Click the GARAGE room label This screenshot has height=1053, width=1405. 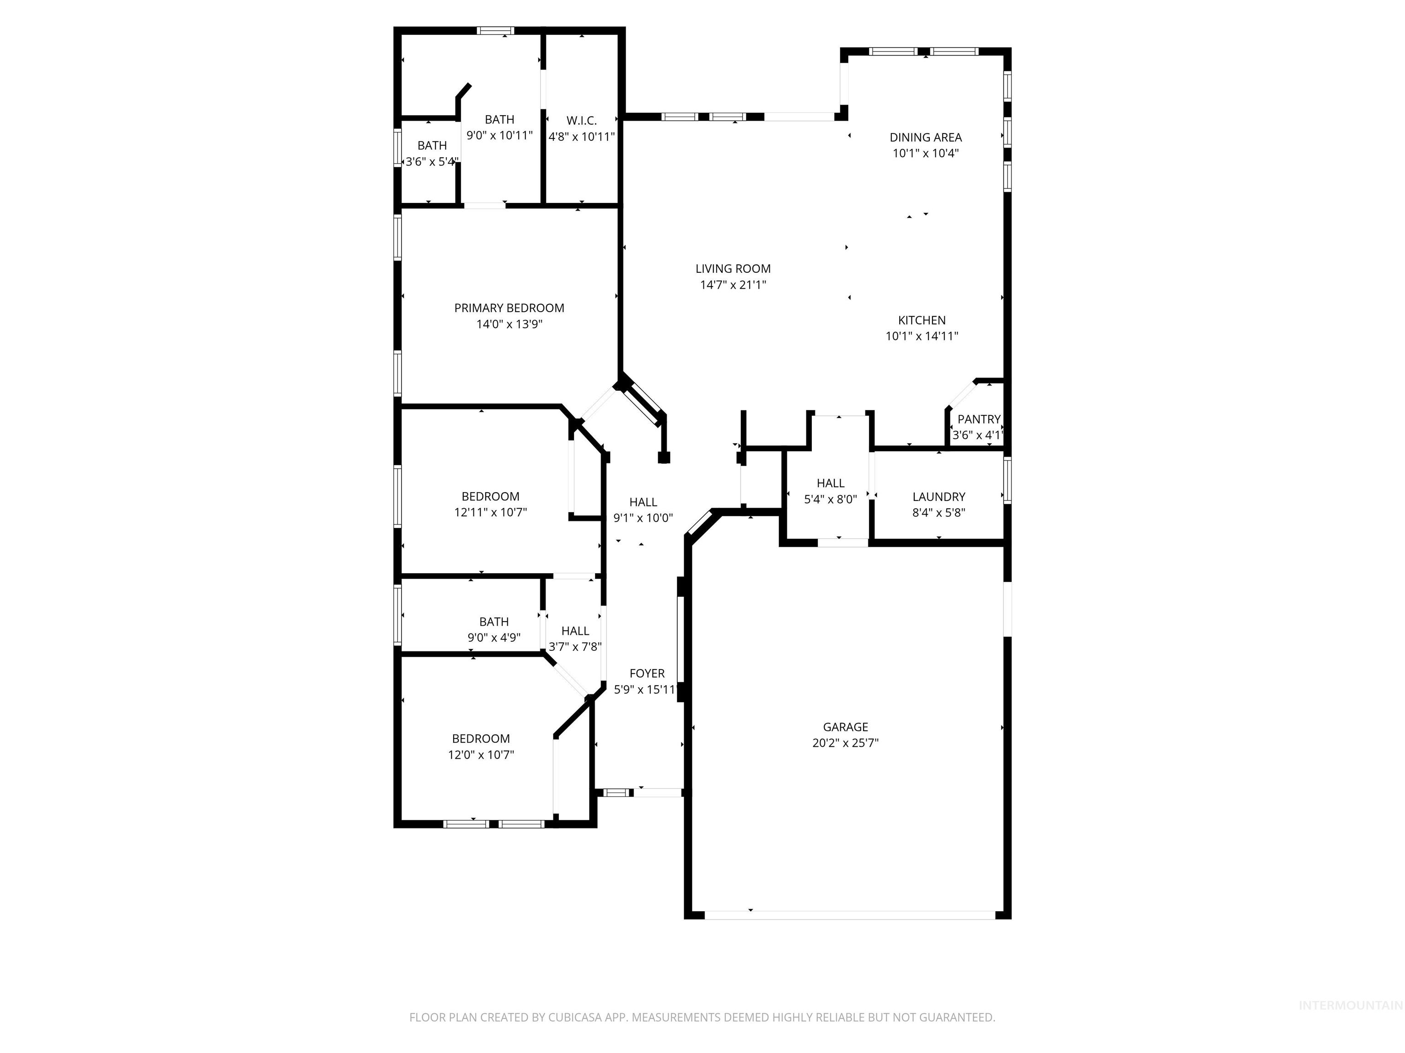[845, 727]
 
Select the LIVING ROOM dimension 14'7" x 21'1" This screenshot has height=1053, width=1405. [733, 285]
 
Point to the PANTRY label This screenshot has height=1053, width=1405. [979, 419]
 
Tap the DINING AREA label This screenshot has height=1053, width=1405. [925, 137]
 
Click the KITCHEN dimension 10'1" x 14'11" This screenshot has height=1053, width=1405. [922, 336]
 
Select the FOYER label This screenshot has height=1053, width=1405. [647, 674]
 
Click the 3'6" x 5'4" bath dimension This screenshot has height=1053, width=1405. [432, 162]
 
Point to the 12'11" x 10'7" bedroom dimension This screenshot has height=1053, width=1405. [490, 512]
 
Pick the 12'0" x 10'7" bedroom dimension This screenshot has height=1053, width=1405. [481, 755]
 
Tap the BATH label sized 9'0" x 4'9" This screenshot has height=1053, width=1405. [493, 622]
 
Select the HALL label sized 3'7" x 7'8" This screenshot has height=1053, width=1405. [575, 631]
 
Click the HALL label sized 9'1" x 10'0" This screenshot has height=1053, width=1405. [643, 502]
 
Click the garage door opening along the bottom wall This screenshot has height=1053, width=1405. [850, 915]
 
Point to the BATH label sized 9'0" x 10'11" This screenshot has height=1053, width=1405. [499, 119]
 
